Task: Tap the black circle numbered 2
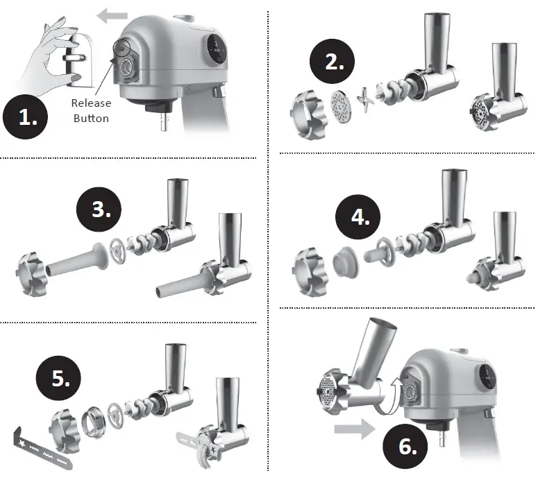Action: pyautogui.click(x=335, y=62)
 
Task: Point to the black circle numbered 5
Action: pyautogui.click(x=60, y=378)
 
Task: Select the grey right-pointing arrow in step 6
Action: pyautogui.click(x=353, y=429)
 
